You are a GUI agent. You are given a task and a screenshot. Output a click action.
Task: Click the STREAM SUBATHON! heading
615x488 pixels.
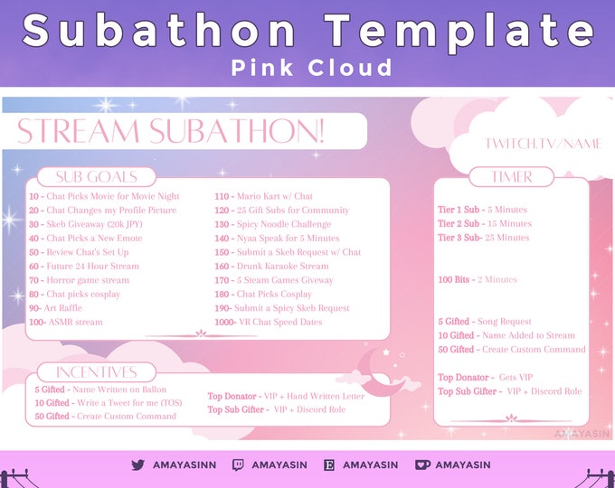171,131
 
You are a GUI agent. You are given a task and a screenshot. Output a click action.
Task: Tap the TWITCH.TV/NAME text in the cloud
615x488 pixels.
543,144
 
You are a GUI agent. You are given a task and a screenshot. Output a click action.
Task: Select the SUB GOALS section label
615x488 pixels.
96,176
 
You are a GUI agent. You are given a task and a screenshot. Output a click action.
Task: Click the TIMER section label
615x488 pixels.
512,177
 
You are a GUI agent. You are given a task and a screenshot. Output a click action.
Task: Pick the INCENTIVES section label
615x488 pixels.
96,371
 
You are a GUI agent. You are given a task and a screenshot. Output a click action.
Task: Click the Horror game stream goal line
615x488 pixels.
79,280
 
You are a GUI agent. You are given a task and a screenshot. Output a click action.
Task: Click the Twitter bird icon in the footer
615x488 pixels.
137,465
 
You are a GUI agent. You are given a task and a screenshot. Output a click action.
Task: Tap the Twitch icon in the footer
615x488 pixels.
238,465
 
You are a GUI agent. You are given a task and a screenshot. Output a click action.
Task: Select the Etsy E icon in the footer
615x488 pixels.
329,465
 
